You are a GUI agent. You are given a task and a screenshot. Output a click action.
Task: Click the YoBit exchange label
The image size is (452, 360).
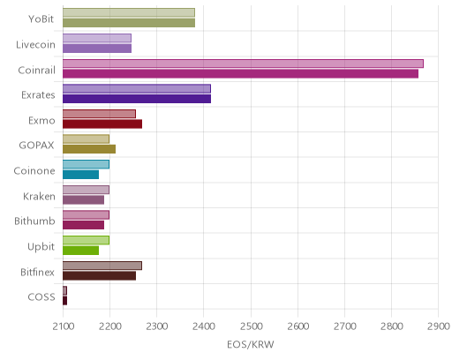tap(41, 19)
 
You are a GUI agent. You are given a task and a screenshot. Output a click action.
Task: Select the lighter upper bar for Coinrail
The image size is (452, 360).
tap(243, 64)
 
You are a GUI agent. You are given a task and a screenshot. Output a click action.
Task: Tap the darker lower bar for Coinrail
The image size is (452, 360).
tap(240, 74)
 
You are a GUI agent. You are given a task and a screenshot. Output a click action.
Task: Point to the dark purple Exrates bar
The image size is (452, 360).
tap(137, 99)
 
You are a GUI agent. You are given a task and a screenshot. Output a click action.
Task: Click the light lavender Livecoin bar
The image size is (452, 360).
tap(97, 38)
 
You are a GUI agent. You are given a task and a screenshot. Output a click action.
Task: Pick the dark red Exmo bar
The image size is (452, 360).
tap(102, 124)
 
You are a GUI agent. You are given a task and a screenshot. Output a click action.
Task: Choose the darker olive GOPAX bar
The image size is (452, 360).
tap(89, 149)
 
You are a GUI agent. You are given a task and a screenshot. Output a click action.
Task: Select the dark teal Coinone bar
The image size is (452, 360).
tap(80, 175)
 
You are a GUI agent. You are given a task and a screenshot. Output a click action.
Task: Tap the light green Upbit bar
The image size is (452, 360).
tap(86, 240)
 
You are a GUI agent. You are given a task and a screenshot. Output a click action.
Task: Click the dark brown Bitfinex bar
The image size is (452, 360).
tap(99, 276)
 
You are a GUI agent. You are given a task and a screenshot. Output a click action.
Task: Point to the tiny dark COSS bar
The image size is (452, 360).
tap(64, 301)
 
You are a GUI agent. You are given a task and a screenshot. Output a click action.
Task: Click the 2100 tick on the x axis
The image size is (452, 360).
tap(64, 326)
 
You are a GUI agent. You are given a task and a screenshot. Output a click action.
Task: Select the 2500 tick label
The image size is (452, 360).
tap(251, 326)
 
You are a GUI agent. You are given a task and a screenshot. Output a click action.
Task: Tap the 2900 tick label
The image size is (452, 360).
tap(439, 326)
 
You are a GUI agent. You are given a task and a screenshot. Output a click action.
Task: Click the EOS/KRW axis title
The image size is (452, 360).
tap(251, 344)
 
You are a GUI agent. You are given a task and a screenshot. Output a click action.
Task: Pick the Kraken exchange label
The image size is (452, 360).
tap(39, 196)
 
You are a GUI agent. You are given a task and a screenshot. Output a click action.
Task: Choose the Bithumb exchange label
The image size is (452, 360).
tap(34, 221)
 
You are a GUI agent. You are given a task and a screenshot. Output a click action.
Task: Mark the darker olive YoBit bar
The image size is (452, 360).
tap(129, 23)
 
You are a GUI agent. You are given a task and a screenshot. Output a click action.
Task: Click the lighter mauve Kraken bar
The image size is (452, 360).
tap(86, 190)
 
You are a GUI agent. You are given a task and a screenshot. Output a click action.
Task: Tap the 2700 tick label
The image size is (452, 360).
tap(344, 326)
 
